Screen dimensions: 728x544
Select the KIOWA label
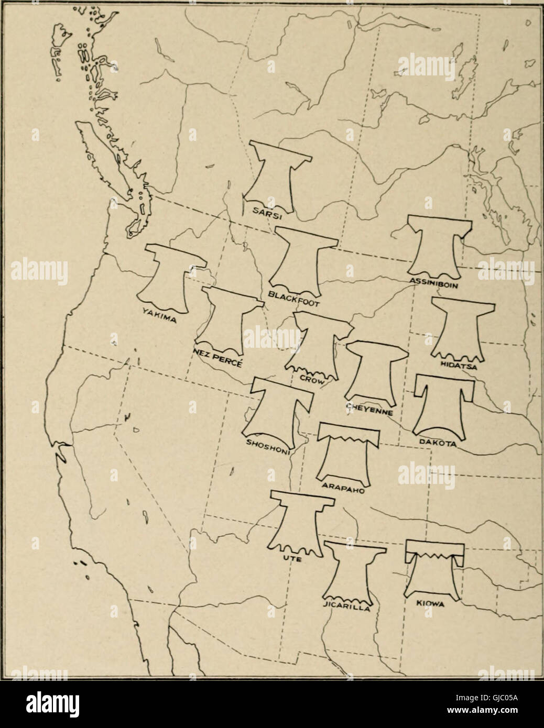click(x=430, y=604)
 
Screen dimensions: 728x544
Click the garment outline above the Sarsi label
click(x=274, y=175)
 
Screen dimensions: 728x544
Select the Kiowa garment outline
click(x=433, y=571)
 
